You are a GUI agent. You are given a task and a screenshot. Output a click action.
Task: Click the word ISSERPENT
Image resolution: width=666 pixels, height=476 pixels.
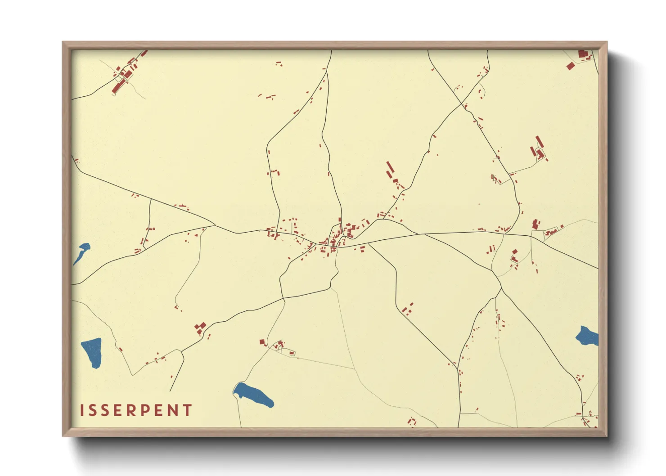point(136,410)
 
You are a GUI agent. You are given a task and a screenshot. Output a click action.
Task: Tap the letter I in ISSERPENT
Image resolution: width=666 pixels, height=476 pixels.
point(82,410)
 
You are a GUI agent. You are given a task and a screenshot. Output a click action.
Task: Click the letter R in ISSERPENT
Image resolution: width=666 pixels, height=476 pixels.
point(131,410)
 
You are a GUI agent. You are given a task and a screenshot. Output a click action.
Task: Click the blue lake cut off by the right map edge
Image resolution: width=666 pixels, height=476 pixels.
point(588,336)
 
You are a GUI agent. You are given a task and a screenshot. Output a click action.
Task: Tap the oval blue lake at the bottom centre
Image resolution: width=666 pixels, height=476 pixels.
point(253,395)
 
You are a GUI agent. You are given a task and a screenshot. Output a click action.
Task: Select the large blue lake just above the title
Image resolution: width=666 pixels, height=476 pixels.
point(92,352)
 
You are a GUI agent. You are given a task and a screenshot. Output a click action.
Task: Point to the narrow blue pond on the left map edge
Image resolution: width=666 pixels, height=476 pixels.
point(81,253)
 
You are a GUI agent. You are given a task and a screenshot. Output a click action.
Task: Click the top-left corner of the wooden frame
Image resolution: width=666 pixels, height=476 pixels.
point(63,42)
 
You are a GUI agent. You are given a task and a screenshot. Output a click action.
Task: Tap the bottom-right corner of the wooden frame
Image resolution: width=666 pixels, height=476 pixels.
point(606,435)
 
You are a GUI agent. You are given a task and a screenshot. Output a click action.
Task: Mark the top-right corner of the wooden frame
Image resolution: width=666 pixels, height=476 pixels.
point(606,42)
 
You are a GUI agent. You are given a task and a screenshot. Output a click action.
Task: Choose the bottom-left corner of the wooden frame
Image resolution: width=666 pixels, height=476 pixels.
point(63,435)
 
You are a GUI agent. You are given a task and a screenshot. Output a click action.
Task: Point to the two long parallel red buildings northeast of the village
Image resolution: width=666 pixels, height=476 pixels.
point(390,170)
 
